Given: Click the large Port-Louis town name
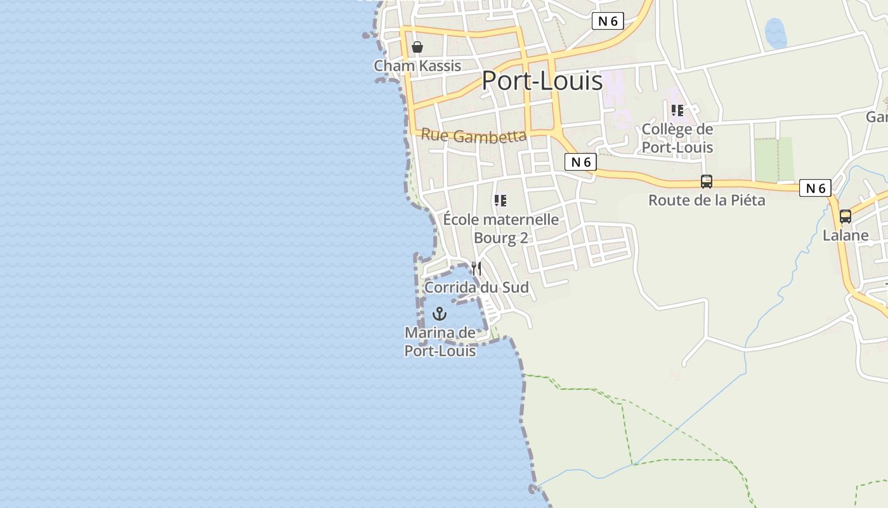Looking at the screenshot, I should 542,81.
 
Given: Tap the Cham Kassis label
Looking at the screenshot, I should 417,65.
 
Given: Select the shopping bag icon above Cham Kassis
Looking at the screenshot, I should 417,47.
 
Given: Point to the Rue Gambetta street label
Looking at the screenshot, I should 474,135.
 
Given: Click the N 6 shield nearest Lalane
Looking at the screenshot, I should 815,188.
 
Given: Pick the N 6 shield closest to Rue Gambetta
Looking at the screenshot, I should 580,162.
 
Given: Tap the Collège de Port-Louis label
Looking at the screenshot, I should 677,138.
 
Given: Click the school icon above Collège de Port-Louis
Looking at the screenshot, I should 677,110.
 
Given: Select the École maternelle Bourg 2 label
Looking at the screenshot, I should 501,229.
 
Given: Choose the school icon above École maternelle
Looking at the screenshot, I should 500,201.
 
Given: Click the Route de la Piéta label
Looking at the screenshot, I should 707,200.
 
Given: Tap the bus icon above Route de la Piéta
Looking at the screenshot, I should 707,182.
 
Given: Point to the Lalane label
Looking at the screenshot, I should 846,235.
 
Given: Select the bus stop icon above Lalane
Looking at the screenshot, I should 846,217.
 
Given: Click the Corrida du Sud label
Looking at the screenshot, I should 476,287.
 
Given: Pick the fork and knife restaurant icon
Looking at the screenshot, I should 476,269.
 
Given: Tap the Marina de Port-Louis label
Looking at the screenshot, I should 440,342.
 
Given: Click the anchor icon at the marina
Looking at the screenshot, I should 440,314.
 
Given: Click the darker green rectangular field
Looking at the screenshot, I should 774,159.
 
